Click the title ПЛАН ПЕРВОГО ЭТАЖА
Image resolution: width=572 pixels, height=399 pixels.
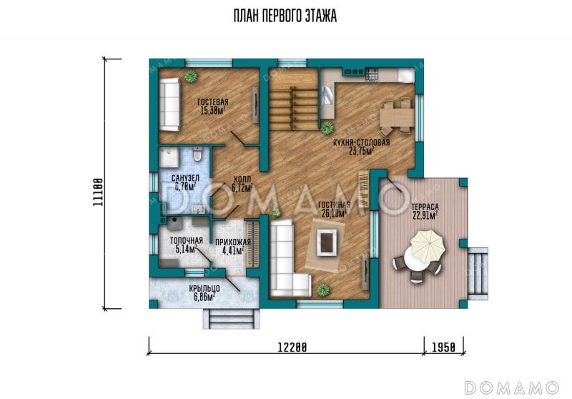click(285, 16)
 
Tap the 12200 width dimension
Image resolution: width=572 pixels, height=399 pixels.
click(292, 347)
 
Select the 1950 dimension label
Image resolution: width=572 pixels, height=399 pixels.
click(443, 347)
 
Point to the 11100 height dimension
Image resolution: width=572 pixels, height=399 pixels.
click(97, 192)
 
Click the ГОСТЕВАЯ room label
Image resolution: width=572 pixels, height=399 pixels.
click(212, 102)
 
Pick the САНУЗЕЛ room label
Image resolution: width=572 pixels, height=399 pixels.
click(185, 178)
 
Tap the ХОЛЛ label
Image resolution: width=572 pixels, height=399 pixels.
click(242, 179)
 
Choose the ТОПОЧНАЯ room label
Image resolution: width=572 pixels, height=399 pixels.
click(186, 241)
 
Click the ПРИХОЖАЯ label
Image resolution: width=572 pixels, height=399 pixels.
click(233, 242)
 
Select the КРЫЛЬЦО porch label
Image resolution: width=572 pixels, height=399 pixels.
click(204, 289)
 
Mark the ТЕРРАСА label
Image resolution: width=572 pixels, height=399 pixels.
click(425, 207)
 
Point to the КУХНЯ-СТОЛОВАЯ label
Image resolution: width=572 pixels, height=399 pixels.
click(362, 142)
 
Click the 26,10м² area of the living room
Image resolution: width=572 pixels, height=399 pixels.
click(333, 213)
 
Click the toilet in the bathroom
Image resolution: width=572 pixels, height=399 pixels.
click(197, 154)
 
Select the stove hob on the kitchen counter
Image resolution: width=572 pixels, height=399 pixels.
click(373, 74)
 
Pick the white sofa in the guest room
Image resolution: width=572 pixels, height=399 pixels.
click(169, 104)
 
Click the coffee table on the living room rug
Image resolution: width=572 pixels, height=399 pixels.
click(327, 242)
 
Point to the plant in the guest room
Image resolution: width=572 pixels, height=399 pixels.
click(190, 77)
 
